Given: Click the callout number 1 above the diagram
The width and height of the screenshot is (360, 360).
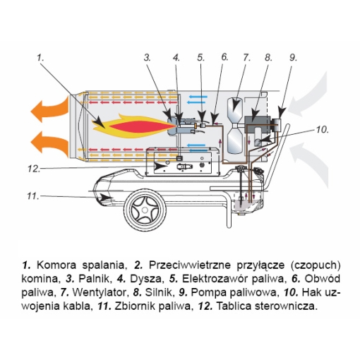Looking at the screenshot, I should pos(42,58).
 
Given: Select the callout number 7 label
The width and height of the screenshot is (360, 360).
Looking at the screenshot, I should pos(246,58).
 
